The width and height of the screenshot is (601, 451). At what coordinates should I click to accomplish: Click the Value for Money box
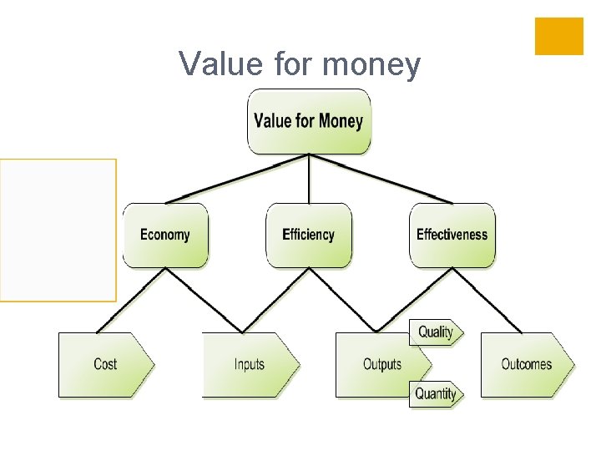click(308, 121)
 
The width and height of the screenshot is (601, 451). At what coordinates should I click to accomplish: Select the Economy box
click(165, 235)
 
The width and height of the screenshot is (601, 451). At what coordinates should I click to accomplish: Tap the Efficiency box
click(308, 235)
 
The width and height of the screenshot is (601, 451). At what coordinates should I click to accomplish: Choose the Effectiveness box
click(452, 235)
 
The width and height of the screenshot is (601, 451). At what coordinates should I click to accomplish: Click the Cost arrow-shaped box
click(105, 364)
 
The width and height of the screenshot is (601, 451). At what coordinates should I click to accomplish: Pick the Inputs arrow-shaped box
click(249, 364)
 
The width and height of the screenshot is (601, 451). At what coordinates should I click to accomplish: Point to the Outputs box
click(381, 364)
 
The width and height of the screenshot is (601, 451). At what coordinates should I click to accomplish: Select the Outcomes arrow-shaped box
click(526, 364)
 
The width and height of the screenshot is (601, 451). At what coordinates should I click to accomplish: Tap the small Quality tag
click(435, 332)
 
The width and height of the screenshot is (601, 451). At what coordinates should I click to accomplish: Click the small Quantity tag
click(435, 393)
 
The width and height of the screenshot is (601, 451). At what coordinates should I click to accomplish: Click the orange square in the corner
click(558, 36)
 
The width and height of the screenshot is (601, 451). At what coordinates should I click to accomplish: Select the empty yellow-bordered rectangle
click(58, 230)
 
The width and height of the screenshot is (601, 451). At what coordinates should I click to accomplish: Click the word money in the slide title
click(374, 64)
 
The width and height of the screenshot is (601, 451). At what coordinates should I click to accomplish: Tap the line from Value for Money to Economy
click(238, 179)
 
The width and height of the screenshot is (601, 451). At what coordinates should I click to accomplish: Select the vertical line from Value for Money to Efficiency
click(309, 179)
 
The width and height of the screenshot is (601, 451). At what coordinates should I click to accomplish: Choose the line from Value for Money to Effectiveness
click(380, 179)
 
